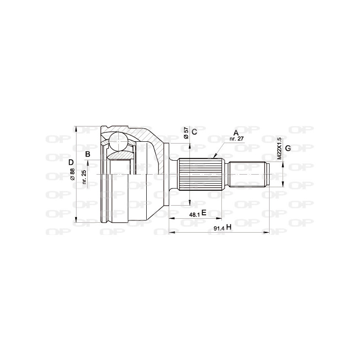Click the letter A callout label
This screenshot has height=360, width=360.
pos(235,132)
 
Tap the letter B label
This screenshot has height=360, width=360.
pos(88,154)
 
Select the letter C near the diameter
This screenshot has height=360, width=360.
pos(194,132)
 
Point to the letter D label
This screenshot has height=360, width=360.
pos(71,162)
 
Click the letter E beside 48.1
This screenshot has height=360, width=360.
pos(204,213)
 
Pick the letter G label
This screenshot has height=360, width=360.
pos(288,148)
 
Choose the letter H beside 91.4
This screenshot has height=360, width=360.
pos(229,227)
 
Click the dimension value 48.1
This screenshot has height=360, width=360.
pos(194,215)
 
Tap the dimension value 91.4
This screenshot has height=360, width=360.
pos(218,229)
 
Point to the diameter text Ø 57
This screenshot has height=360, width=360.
pos(185,133)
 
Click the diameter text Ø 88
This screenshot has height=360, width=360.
pos(72,174)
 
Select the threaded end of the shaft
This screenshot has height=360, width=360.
pos(248,174)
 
